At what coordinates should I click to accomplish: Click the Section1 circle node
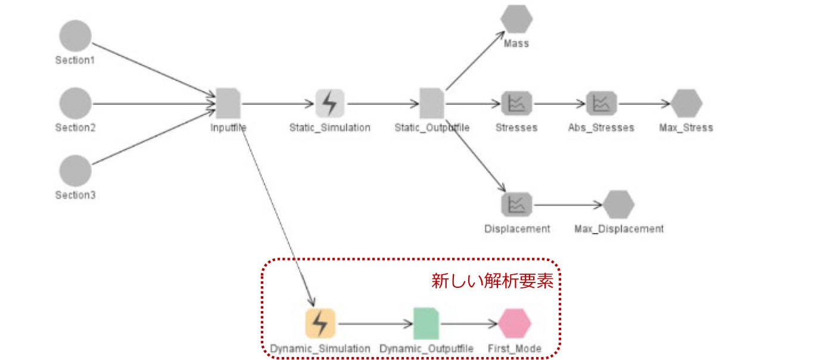click(x=75, y=36)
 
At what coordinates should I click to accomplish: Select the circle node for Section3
click(x=75, y=170)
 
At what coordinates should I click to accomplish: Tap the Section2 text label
click(x=75, y=128)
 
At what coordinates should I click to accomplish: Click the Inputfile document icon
click(x=228, y=103)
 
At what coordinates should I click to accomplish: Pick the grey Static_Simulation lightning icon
click(x=330, y=103)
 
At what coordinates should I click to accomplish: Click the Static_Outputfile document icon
click(x=432, y=103)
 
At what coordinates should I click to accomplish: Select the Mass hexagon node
click(x=516, y=18)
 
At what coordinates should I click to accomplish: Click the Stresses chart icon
click(x=516, y=103)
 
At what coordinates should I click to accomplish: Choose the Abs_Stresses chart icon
click(x=601, y=103)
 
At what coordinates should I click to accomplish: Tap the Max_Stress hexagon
click(x=686, y=103)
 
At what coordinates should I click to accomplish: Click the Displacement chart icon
click(x=516, y=204)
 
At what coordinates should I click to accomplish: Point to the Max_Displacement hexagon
click(x=618, y=204)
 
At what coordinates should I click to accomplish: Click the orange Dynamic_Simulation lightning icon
click(x=320, y=324)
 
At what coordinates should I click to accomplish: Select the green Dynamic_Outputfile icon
click(x=426, y=324)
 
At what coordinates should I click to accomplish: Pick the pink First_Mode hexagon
click(x=515, y=324)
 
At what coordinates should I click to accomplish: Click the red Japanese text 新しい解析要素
click(x=492, y=281)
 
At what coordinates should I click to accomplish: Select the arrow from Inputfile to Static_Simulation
click(x=278, y=104)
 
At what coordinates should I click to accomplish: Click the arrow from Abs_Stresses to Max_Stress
click(x=644, y=104)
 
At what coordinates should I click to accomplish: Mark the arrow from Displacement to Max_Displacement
click(x=568, y=204)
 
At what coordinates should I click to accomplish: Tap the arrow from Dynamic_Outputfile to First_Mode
click(x=469, y=324)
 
